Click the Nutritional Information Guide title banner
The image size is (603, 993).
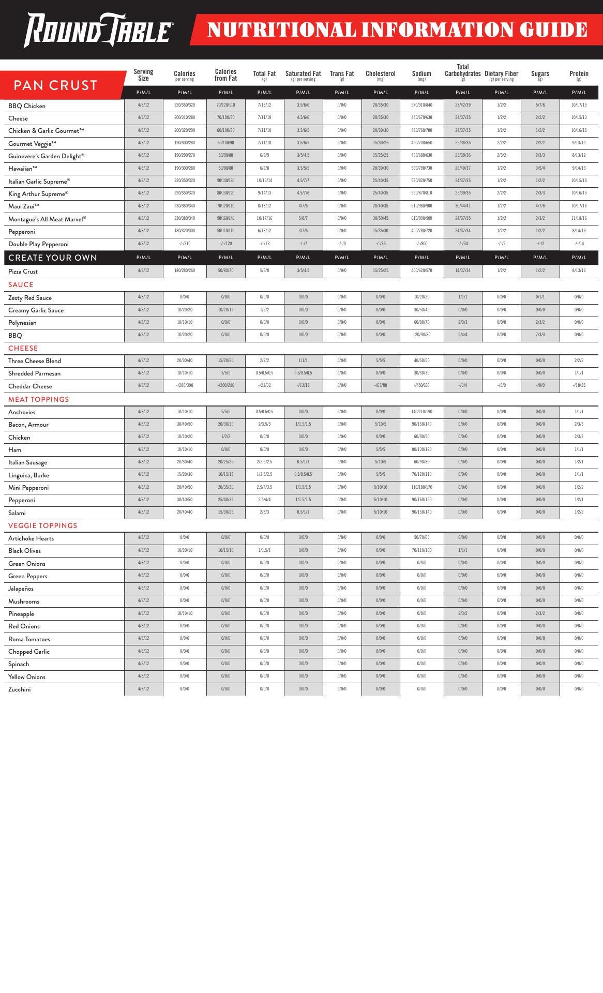[397, 30]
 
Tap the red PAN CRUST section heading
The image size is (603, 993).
[56, 85]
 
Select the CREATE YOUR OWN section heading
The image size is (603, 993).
[53, 258]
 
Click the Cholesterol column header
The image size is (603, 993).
[381, 74]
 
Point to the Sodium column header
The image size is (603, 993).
[421, 74]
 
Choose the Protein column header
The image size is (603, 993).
[579, 74]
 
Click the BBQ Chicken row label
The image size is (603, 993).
[27, 106]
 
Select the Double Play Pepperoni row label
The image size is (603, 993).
[38, 244]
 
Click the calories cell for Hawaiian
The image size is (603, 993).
[185, 168]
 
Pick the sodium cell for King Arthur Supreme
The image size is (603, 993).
[421, 193]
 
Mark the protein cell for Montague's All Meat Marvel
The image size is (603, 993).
[579, 218]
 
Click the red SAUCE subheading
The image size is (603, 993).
[21, 284]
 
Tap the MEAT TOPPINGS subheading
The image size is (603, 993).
[38, 399]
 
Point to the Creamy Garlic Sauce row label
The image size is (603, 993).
[36, 310]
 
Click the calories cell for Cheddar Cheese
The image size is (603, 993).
[185, 386]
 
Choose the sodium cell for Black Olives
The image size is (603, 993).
[421, 550]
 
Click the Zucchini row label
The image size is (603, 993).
[19, 689]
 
